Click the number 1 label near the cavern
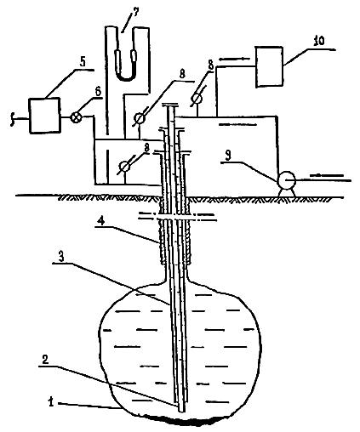tap(51, 401)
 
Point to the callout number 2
tap(45, 360)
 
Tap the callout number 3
tap(61, 257)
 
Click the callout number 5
tap(83, 62)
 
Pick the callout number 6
tap(97, 91)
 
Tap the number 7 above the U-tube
tap(135, 13)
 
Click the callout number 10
tap(319, 41)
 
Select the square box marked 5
tap(44, 115)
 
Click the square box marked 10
tap(270, 67)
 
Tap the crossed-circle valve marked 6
tap(76, 117)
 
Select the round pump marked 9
tap(286, 179)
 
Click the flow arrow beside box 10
tap(234, 59)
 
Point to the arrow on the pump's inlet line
tap(327, 175)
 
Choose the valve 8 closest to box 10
tap(196, 99)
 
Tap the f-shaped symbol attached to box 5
tap(12, 119)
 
